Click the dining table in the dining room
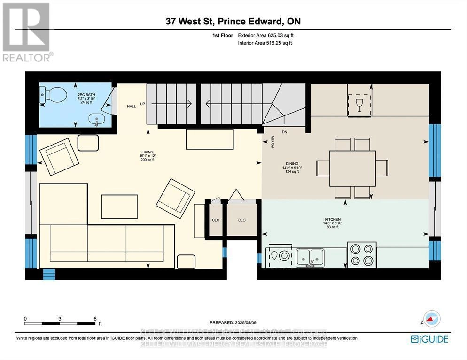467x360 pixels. (352, 168)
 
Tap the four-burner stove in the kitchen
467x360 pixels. (362, 255)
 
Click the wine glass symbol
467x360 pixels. (359, 104)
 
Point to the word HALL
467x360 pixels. (131, 107)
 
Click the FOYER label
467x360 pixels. (272, 141)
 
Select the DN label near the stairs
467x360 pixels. (284, 132)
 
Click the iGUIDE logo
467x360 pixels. (429, 339)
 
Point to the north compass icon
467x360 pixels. (431, 319)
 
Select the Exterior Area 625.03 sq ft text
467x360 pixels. (265, 35)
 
